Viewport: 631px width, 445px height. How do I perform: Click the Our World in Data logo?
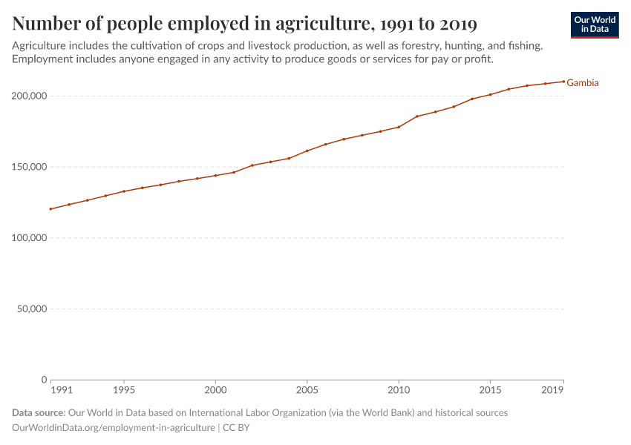click(595, 24)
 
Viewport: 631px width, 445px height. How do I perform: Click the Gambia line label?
click(583, 83)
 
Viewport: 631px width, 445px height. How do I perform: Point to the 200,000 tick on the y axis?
click(30, 96)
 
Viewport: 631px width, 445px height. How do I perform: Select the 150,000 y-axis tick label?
click(30, 167)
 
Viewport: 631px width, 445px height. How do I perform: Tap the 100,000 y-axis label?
click(30, 238)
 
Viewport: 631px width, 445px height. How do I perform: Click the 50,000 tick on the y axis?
click(32, 309)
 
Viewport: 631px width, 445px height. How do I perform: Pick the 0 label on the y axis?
click(44, 380)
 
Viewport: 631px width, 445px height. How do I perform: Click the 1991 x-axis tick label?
click(62, 390)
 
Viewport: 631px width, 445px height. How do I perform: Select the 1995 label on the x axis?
click(124, 390)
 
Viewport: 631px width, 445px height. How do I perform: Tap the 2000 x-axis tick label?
click(215, 390)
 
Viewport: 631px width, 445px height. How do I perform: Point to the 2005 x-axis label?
click(307, 390)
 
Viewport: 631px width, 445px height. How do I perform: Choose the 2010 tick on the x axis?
click(399, 390)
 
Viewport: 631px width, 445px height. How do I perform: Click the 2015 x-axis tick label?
click(490, 390)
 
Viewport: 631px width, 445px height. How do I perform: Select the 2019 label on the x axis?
click(553, 390)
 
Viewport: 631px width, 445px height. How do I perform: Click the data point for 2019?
click(563, 82)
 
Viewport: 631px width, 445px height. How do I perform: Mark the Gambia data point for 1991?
click(50, 209)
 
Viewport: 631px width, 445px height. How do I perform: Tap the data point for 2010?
click(399, 127)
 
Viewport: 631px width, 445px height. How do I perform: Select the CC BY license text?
click(236, 428)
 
